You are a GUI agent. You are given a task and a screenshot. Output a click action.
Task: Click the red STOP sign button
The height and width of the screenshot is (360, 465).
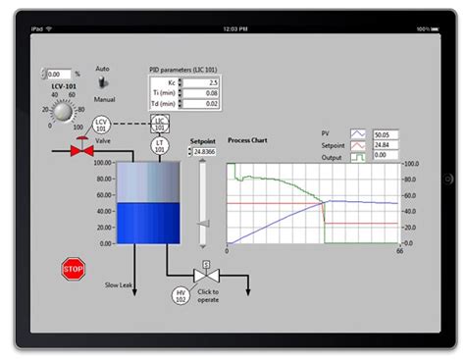tap(73, 269)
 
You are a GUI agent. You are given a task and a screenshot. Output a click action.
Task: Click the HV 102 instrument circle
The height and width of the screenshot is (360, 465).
tap(181, 295)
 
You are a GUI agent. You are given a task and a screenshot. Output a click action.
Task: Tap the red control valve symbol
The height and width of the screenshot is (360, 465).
tap(80, 151)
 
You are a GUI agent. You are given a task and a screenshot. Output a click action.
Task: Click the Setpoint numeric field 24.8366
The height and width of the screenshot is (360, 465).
tap(203, 151)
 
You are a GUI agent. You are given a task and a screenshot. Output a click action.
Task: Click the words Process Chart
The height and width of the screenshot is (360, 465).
tap(248, 140)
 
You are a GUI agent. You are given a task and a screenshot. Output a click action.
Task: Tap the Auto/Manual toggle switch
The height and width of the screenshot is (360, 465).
tap(102, 84)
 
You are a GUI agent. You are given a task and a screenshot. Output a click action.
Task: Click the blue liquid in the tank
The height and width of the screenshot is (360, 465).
tap(147, 223)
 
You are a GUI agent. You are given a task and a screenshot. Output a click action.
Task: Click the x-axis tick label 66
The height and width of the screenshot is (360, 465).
tap(399, 252)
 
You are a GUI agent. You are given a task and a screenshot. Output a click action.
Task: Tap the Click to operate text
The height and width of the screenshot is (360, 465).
tap(208, 295)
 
